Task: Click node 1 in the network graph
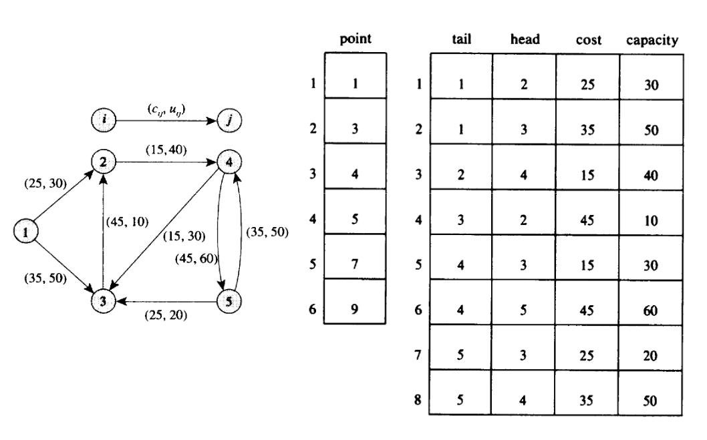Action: point(25,232)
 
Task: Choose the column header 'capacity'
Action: point(652,41)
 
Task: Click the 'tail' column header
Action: point(462,40)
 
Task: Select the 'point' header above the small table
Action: point(356,40)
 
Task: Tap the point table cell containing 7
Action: point(355,265)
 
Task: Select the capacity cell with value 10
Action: point(652,220)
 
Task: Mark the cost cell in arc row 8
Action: point(588,402)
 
